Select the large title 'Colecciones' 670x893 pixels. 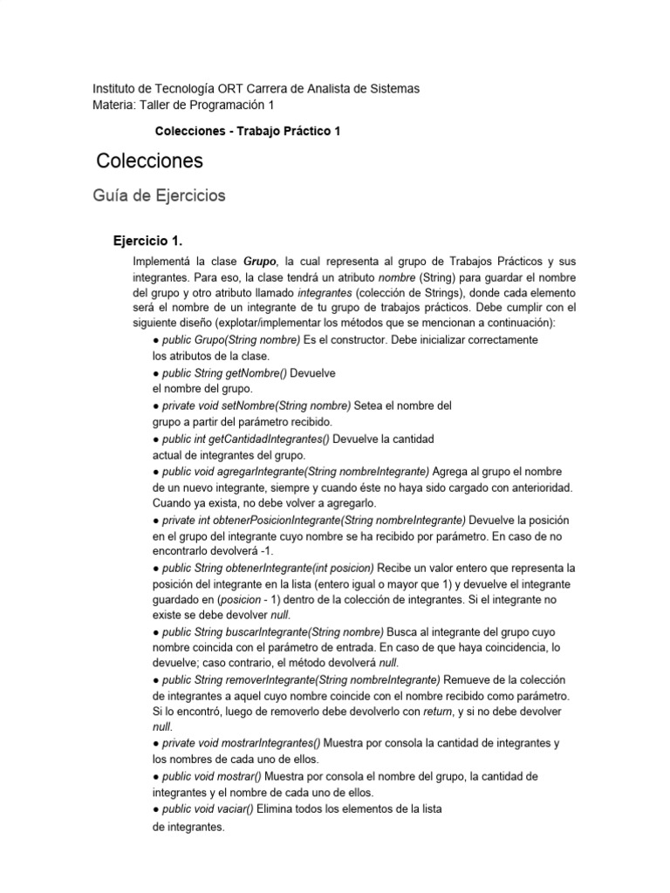point(149,160)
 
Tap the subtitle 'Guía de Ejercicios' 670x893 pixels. point(159,195)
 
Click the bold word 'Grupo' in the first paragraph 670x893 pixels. point(261,261)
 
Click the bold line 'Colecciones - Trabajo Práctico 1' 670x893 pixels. point(247,131)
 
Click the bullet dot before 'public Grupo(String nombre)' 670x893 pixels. point(155,339)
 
